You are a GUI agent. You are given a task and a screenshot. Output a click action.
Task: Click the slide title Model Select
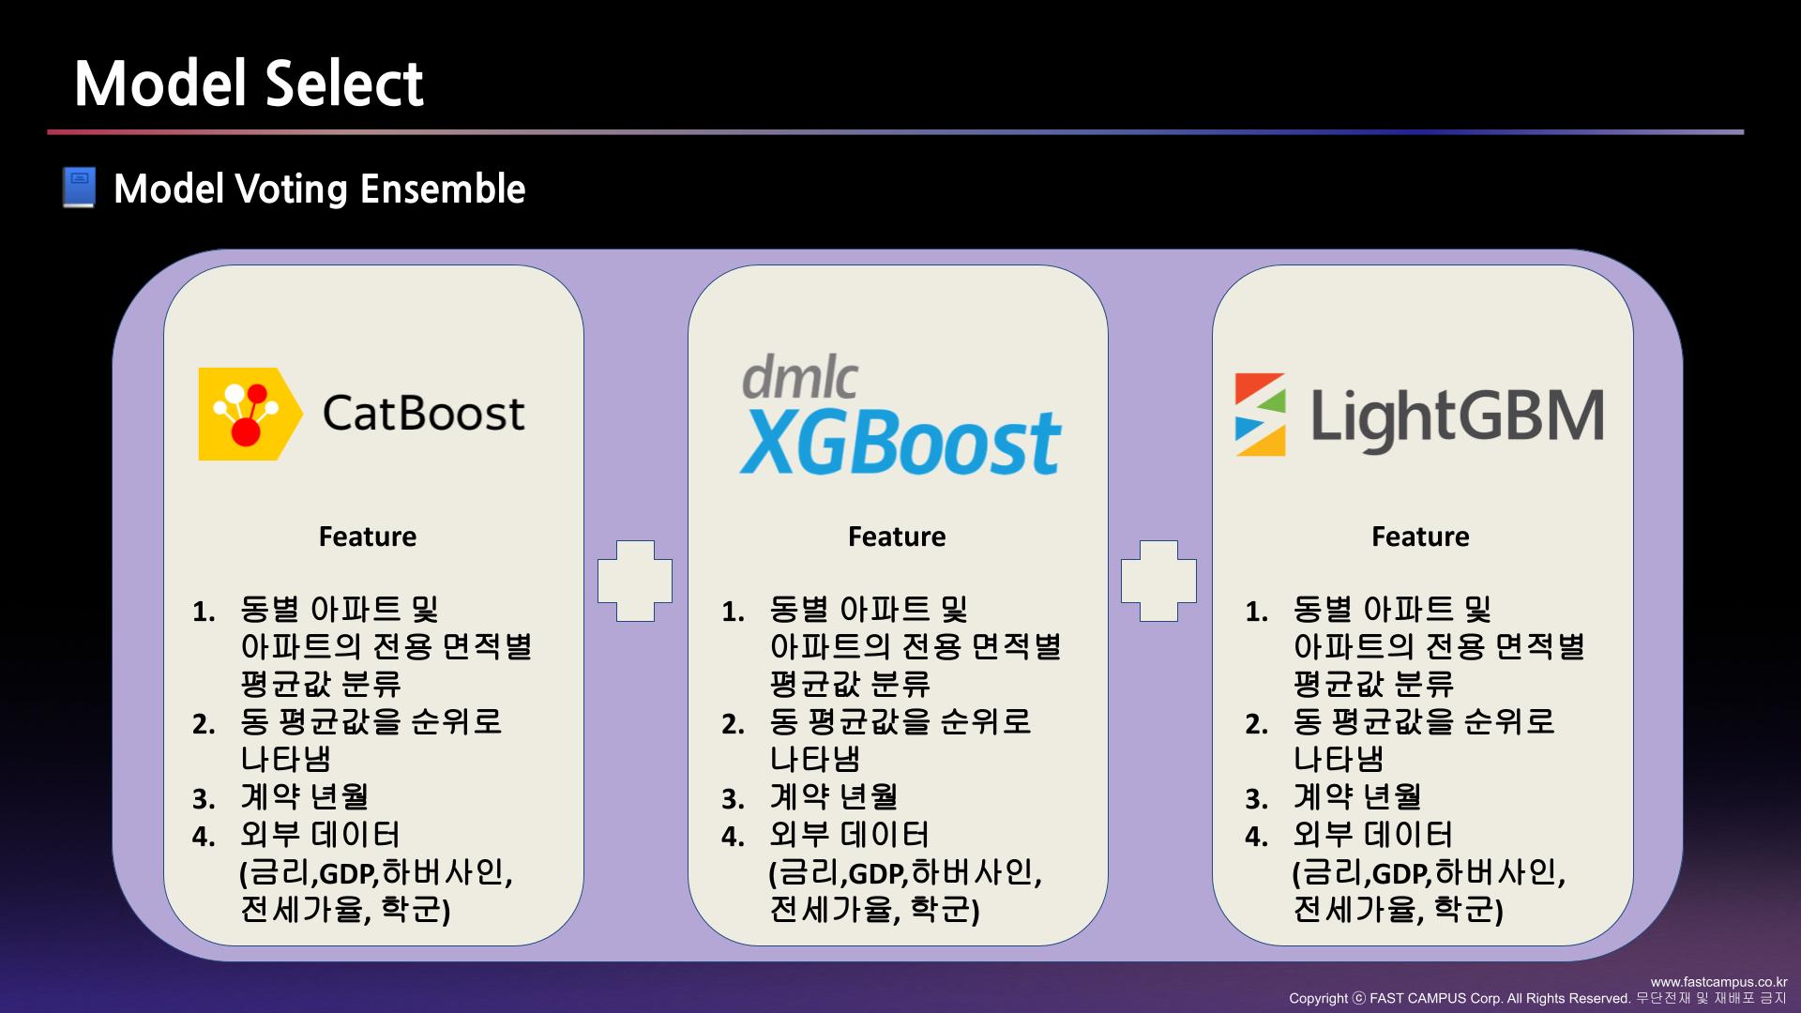point(249,84)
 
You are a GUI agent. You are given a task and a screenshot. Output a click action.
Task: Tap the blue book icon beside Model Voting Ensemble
point(80,188)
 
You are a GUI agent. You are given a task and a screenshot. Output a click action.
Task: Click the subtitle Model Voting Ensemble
point(319,189)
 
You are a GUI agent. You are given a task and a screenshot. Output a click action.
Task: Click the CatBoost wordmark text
point(423,414)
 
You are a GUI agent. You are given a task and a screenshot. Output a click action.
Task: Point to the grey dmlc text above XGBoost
point(799,377)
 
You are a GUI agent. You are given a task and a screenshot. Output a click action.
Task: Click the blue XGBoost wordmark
point(900,442)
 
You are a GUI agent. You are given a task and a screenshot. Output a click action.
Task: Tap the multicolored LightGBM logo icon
point(1260,415)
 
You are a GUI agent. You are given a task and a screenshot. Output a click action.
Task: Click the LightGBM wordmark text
point(1457,416)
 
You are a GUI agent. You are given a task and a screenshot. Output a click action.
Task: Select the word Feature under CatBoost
point(368,537)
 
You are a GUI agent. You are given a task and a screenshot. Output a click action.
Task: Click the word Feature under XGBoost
point(897,537)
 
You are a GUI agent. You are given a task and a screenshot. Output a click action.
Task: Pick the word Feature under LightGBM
point(1420,537)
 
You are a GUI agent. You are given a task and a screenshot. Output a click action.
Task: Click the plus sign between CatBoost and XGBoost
point(635,581)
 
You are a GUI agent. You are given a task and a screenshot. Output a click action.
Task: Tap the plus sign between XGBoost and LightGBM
point(1158,581)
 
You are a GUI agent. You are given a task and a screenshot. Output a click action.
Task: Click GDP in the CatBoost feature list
point(347,874)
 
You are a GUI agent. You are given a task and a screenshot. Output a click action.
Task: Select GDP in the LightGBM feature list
point(1400,874)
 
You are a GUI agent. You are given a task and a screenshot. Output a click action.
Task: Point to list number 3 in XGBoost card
point(733,799)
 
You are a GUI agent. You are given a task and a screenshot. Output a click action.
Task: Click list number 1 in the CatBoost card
point(204,612)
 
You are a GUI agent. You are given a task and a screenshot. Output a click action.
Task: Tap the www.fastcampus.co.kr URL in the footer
point(1718,982)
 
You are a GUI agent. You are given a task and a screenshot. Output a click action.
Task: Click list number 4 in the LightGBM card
point(1256,837)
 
